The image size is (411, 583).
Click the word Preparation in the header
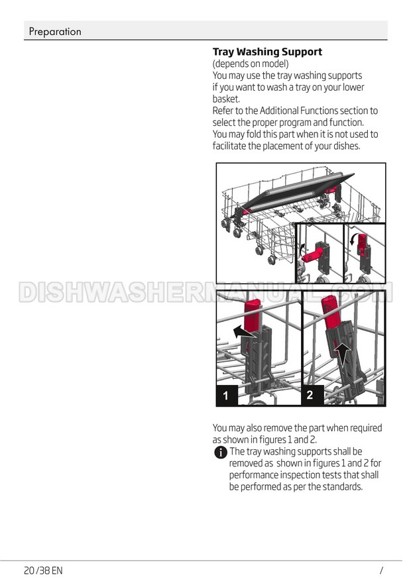point(55,32)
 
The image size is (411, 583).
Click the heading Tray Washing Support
point(267,52)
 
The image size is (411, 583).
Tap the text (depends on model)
point(251,64)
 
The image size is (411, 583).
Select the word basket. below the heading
point(226,99)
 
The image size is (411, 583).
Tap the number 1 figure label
point(226,396)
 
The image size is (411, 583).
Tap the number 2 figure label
point(310,394)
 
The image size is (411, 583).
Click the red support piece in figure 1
point(252,315)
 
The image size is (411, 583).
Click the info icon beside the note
point(221,452)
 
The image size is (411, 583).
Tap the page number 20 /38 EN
point(43,570)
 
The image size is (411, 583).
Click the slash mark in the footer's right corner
point(381,570)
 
